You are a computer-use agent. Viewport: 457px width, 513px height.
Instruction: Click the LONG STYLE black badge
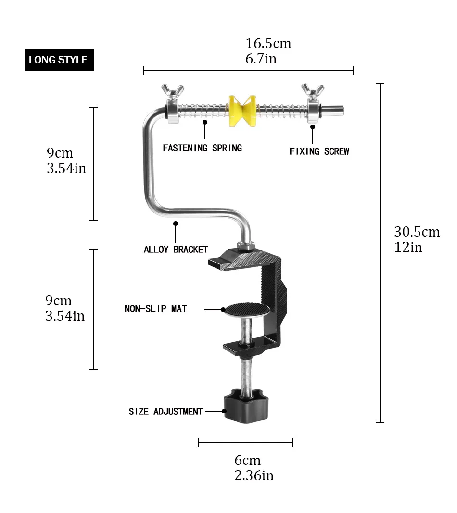click(x=60, y=60)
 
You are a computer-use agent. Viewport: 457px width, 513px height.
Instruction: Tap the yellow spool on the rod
click(x=242, y=111)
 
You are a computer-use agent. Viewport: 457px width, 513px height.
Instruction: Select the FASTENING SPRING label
click(x=202, y=148)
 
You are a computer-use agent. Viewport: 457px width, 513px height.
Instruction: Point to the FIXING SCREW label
click(x=319, y=151)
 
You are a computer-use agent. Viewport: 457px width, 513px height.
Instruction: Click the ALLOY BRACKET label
click(x=176, y=250)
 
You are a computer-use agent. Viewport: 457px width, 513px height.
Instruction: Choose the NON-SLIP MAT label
click(x=155, y=309)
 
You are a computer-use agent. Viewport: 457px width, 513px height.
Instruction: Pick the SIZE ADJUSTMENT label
click(x=165, y=412)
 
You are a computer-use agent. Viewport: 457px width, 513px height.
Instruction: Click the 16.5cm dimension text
click(x=268, y=44)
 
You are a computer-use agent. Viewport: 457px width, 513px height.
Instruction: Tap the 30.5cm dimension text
click(x=417, y=232)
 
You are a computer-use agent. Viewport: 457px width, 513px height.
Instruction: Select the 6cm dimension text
click(x=247, y=460)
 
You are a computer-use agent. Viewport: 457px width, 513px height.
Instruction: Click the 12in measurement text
click(x=408, y=247)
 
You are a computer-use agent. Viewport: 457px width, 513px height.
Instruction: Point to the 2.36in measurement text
click(x=254, y=475)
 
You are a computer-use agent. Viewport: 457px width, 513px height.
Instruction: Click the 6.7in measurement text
click(x=261, y=59)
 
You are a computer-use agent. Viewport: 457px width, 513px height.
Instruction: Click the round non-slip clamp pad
click(x=246, y=310)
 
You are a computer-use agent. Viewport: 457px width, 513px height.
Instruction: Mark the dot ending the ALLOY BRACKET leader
click(x=176, y=224)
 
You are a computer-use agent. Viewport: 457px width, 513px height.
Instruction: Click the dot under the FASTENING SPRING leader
click(x=205, y=122)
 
